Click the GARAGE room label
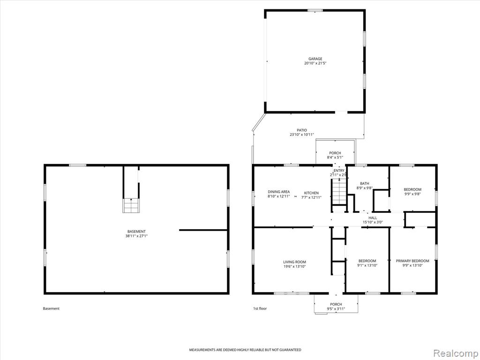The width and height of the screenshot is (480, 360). tap(315, 59)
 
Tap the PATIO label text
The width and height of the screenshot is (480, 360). tap(301, 130)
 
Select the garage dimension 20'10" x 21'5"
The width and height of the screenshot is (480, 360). tap(315, 63)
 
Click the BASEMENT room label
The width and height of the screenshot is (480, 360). tap(136, 232)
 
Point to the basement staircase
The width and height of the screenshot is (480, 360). tap(131, 205)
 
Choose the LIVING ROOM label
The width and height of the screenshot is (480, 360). tap(294, 262)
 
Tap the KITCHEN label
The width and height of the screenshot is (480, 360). tap(311, 193)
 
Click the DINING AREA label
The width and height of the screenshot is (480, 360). tap(278, 192)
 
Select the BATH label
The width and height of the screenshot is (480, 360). tap(365, 184)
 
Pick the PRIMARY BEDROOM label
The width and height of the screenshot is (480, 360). tap(412, 261)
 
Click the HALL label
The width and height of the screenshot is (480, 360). tap(373, 218)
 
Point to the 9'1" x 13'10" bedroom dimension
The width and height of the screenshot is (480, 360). tap(367, 265)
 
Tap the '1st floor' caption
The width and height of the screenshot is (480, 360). tap(260, 308)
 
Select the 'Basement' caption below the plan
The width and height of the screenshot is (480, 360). tap(51, 308)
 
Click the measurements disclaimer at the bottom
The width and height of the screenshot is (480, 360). tap(245, 350)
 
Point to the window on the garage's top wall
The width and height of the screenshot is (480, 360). tap(315, 10)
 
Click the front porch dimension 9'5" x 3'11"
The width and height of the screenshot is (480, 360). tap(336, 308)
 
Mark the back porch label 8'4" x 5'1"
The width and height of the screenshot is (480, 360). tap(335, 157)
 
